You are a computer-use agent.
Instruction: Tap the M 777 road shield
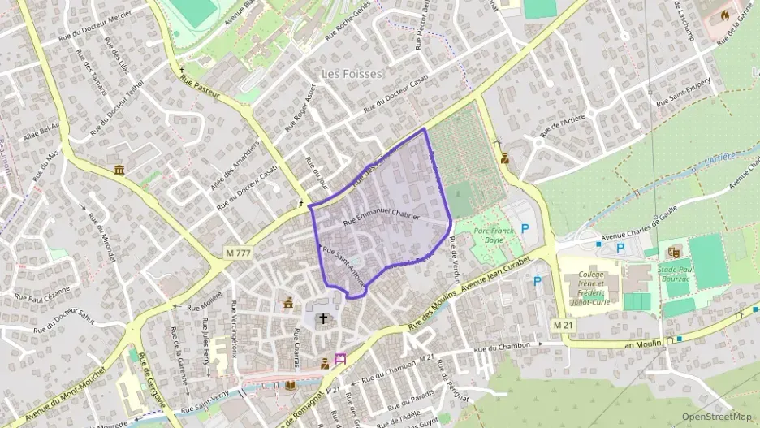tap(238, 253)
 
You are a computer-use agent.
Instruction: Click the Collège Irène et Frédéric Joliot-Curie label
tap(590, 287)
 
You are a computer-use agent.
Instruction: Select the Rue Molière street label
tap(205, 302)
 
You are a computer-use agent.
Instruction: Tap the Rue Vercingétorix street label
tap(233, 325)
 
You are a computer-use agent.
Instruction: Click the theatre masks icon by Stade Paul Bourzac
tap(673, 253)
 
